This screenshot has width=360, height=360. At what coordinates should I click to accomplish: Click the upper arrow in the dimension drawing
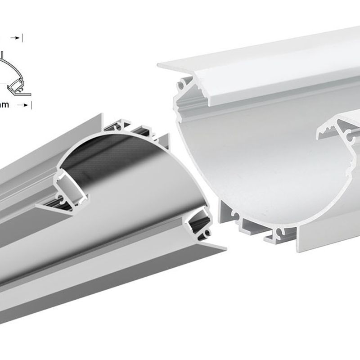(17, 38)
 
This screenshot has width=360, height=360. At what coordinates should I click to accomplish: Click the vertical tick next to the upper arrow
(22, 38)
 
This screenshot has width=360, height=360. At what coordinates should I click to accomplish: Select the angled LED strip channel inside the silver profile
(69, 184)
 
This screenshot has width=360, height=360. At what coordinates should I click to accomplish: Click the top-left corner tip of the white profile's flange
(160, 66)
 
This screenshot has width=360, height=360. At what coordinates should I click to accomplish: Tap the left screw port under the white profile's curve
(234, 215)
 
